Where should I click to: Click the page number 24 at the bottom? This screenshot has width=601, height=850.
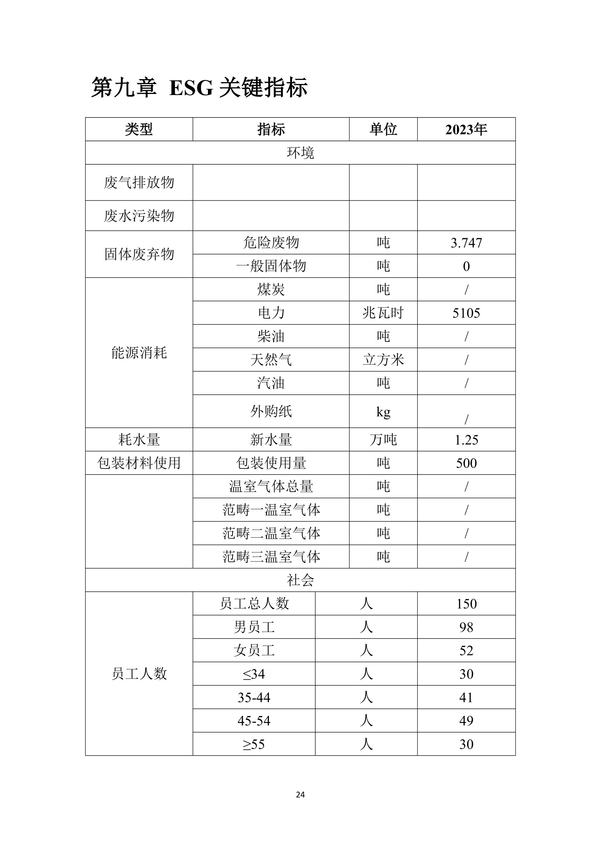[300, 794]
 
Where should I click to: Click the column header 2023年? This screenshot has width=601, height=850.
[466, 129]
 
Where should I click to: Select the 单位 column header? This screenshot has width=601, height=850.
[383, 129]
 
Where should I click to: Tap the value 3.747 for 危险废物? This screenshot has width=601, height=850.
[466, 243]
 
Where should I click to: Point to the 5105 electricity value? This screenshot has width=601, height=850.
[466, 313]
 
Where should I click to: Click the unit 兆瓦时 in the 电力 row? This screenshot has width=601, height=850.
[383, 313]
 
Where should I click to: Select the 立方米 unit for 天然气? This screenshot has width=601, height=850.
[383, 360]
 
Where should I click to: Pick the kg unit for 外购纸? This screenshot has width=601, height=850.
[383, 412]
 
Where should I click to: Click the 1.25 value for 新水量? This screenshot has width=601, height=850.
[466, 440]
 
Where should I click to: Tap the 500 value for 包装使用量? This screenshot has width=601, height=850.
[466, 463]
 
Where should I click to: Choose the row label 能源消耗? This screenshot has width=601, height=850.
[139, 353]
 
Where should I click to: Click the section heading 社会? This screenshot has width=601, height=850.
[300, 580]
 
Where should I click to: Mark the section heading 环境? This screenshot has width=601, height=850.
[300, 153]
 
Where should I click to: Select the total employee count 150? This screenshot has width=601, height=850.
[466, 604]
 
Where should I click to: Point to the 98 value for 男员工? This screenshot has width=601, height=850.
[466, 627]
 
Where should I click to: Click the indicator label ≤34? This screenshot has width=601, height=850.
[254, 674]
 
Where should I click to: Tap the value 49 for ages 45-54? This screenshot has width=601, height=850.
[466, 721]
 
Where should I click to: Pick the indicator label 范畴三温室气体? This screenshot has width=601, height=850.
[271, 557]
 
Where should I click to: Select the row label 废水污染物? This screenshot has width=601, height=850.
[139, 216]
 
